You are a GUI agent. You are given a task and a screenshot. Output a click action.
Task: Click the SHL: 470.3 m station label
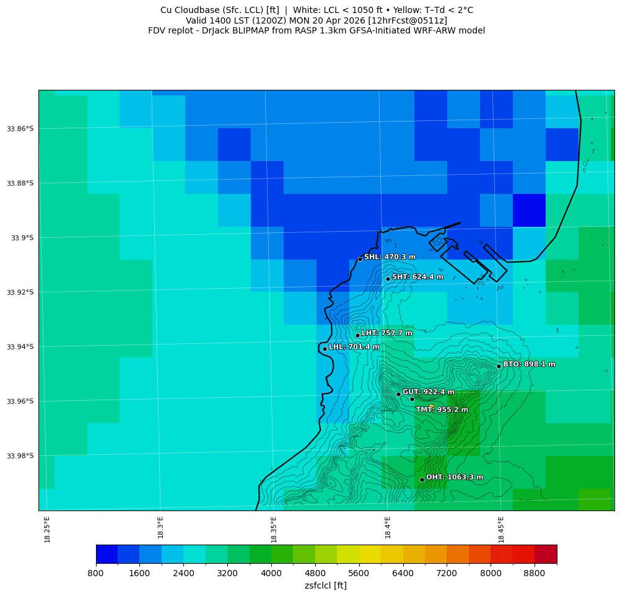(x=390, y=257)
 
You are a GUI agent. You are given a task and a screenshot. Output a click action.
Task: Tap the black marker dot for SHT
(x=388, y=279)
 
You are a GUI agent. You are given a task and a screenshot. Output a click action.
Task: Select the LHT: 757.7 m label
(x=386, y=333)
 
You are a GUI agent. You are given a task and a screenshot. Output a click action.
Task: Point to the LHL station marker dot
(x=325, y=349)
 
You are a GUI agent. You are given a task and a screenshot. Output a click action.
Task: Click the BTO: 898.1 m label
(x=529, y=364)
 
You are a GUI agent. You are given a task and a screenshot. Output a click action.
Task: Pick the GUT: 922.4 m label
(x=428, y=392)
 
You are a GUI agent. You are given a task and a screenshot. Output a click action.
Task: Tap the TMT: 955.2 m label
(x=442, y=410)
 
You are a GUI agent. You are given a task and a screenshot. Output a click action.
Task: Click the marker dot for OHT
(x=422, y=480)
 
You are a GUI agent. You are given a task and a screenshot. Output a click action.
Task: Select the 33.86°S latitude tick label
(x=20, y=129)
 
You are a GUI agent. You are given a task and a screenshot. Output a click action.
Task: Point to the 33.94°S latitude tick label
(x=20, y=347)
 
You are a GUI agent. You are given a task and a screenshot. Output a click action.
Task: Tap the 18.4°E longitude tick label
(x=388, y=528)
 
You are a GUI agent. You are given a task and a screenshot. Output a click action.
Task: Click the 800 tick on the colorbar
(x=96, y=574)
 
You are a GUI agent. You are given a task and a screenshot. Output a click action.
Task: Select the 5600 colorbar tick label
(x=359, y=574)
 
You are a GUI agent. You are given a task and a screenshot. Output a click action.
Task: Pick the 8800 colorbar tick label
(x=535, y=574)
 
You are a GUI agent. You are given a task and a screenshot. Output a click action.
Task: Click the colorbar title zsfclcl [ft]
(x=326, y=585)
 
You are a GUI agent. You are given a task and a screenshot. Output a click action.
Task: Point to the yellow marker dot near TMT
(x=431, y=406)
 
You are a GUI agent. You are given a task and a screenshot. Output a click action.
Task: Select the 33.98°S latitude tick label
(x=20, y=456)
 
